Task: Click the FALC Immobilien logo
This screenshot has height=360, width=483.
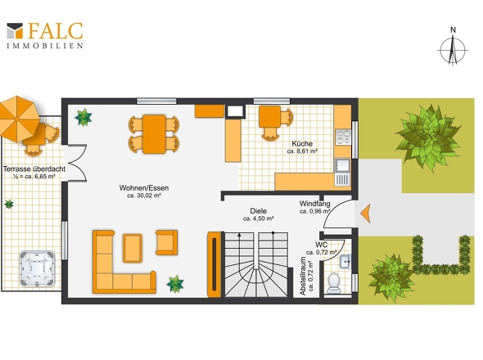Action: tap(45, 35)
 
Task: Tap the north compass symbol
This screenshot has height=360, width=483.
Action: tap(453, 47)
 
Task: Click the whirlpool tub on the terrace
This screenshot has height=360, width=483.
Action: tap(38, 269)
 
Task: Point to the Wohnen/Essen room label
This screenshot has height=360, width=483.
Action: tap(144, 188)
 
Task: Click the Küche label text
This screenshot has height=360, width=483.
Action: tap(302, 143)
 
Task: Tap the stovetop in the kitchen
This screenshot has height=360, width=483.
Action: tap(343, 137)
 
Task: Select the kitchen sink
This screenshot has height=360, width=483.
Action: tap(342, 173)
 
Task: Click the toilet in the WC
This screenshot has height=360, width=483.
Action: tap(334, 283)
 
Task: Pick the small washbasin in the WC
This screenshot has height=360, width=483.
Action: tap(345, 262)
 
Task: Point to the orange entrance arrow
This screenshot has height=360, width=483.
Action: tap(365, 213)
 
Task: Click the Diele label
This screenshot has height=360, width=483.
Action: tap(258, 211)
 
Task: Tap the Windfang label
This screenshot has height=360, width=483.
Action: tap(314, 204)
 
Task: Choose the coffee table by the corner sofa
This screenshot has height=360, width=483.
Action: tap(133, 248)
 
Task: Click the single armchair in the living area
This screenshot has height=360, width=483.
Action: tap(166, 242)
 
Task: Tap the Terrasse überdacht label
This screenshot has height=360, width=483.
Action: tap(34, 169)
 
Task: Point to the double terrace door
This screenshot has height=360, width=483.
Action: tap(75, 163)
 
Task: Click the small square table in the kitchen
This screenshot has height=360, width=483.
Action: tap(270, 116)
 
